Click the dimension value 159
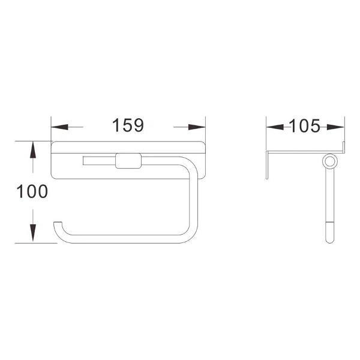point(128,126)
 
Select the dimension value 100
point(32,191)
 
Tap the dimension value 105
point(305,126)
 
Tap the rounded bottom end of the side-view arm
point(328,238)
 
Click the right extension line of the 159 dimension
point(205,129)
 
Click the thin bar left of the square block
point(97,161)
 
